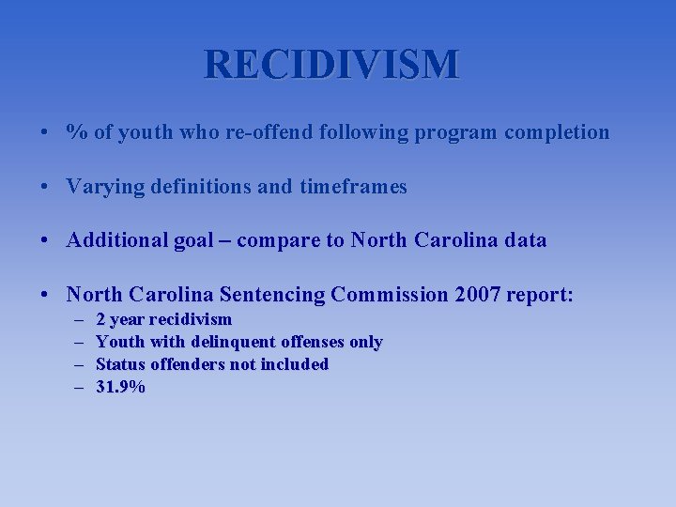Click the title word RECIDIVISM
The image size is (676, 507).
332,65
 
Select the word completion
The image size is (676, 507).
557,132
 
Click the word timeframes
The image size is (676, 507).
354,187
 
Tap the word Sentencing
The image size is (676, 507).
269,295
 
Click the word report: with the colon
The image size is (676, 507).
540,295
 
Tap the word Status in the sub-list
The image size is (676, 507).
120,364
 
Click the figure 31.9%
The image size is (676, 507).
121,386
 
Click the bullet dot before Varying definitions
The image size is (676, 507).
45,187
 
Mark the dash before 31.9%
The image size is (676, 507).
77,386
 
